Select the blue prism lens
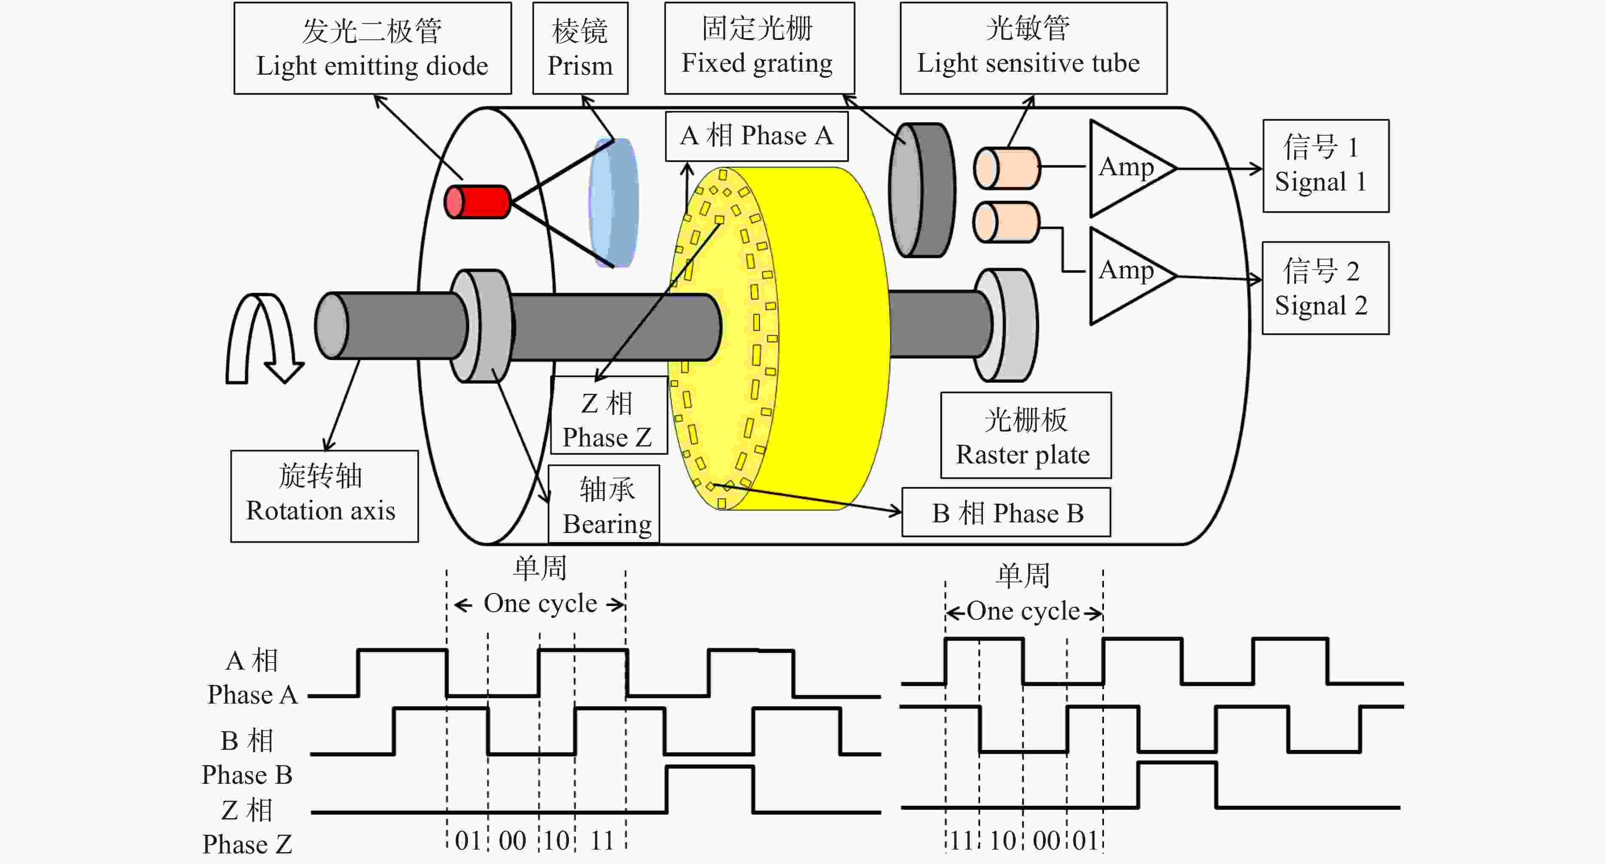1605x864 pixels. coord(614,202)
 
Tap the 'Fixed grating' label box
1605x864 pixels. coord(759,48)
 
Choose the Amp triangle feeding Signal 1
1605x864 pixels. coord(1128,168)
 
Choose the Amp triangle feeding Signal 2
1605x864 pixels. coord(1128,275)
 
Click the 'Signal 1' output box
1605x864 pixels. coord(1325,166)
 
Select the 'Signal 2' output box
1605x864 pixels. coord(1325,288)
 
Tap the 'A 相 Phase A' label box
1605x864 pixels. coord(756,136)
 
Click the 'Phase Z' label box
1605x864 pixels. coord(608,415)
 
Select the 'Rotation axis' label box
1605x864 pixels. coord(324,496)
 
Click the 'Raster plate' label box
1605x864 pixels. coord(1025,435)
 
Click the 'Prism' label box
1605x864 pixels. coord(580,48)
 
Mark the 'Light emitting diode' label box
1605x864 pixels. coord(373,48)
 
